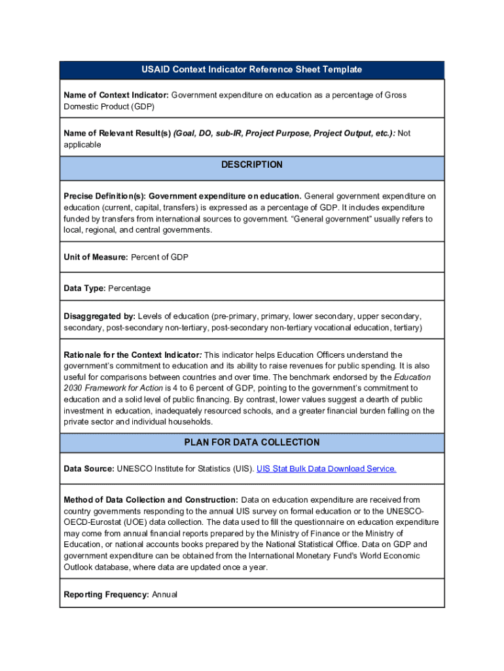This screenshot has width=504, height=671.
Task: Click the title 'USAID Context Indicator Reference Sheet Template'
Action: pos(251,69)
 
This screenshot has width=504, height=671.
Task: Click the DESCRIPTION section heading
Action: pos(251,164)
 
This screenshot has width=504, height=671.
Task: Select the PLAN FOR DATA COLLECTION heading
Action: pos(251,442)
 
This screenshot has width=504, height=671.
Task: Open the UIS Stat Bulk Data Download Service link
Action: pos(326,469)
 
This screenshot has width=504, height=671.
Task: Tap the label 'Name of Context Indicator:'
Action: pos(116,95)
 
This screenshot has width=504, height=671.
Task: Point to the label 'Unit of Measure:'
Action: pos(96,258)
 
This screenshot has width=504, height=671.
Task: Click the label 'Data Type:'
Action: pos(84,288)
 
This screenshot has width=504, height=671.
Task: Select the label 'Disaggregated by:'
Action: pos(99,316)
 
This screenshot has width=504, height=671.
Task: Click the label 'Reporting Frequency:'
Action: pos(106,594)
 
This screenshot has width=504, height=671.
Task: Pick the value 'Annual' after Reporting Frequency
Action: pos(164,594)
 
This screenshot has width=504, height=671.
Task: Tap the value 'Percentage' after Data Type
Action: pos(129,288)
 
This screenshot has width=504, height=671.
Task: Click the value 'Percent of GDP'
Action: pos(160,258)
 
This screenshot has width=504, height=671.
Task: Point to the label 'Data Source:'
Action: pos(88,469)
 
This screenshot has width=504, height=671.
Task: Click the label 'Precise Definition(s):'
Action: pos(105,196)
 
